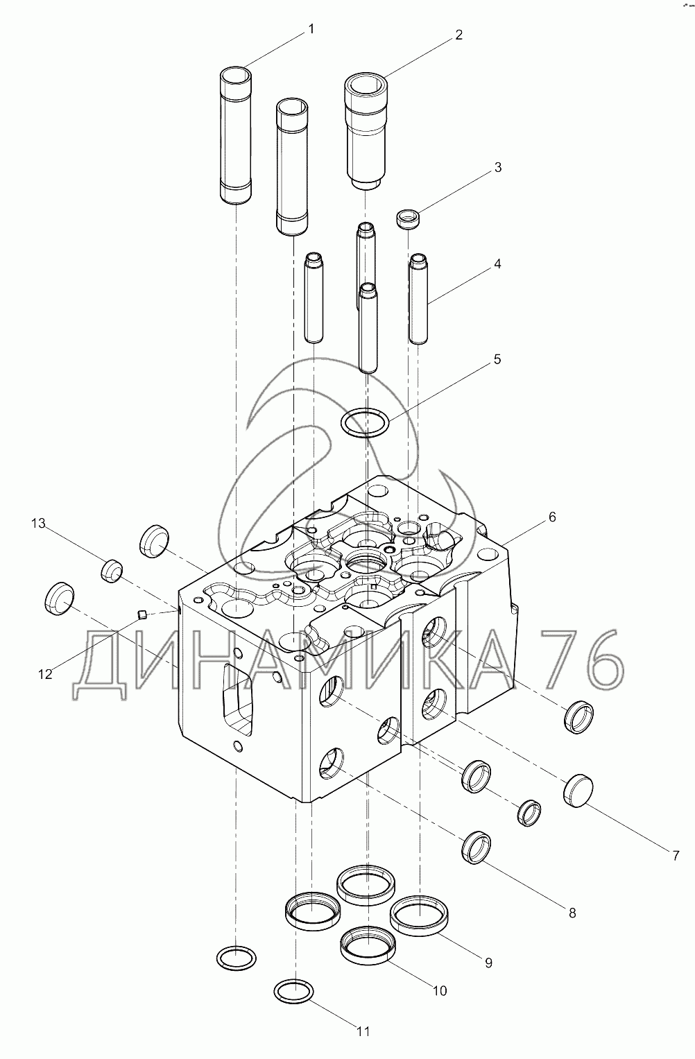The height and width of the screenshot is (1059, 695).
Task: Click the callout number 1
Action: coord(311,29)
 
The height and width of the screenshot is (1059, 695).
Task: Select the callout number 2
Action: coord(458,35)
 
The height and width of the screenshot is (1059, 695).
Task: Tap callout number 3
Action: coord(497,167)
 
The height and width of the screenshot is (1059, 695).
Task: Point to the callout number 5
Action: coord(497,359)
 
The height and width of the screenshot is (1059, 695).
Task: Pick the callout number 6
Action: coord(552,517)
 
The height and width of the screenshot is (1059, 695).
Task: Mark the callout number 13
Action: coord(39,523)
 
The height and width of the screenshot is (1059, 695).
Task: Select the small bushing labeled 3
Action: coord(408,220)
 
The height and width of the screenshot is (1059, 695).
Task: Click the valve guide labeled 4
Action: coord(418,298)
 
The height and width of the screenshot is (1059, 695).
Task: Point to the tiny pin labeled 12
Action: coord(141,614)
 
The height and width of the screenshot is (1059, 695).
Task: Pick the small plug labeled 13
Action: coord(112,571)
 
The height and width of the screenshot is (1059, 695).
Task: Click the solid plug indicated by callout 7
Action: coord(578,791)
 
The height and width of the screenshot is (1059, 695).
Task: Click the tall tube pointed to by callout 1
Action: coord(235,135)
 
